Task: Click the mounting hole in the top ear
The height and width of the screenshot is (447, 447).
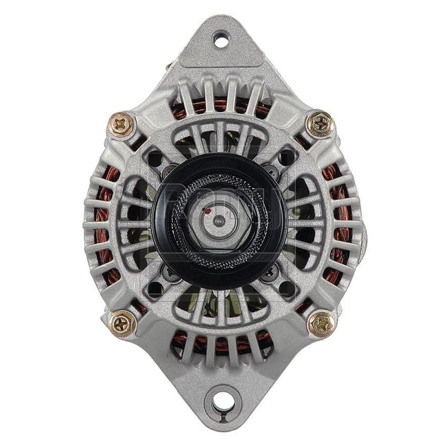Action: pyautogui.click(x=221, y=39)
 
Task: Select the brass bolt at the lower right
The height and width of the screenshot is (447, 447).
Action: pyautogui.click(x=320, y=322)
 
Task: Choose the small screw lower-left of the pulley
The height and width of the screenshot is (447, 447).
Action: pyautogui.click(x=169, y=272)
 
